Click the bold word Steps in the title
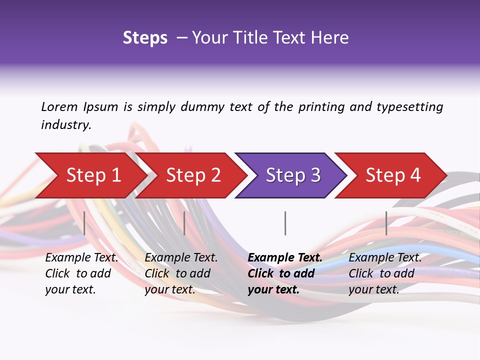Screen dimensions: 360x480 pyautogui.click(x=145, y=38)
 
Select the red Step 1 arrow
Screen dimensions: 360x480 pyautogui.click(x=90, y=175)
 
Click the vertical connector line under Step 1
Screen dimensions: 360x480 pyautogui.click(x=84, y=223)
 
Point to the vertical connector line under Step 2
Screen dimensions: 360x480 pyautogui.click(x=184, y=223)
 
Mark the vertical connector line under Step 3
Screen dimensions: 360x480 pyautogui.click(x=285, y=223)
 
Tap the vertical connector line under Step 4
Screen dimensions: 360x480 pyautogui.click(x=386, y=223)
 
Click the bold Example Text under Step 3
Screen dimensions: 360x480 pyautogui.click(x=285, y=258)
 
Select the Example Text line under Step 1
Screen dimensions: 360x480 pyautogui.click(x=81, y=258)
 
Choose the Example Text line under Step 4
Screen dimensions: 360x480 pyautogui.click(x=385, y=258)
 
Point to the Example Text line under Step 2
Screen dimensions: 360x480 pyautogui.click(x=181, y=258)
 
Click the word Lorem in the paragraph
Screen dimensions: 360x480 pyautogui.click(x=59, y=107)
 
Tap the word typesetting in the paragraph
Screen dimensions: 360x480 pyautogui.click(x=409, y=107)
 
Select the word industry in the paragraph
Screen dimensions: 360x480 pyautogui.click(x=65, y=125)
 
